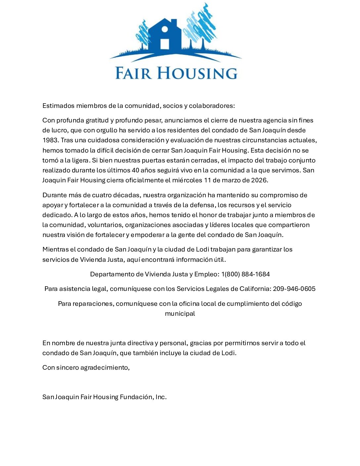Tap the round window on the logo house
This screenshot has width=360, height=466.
[x=164, y=29]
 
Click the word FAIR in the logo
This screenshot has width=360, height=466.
[x=133, y=73]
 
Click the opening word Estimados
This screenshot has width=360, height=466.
[x=59, y=106]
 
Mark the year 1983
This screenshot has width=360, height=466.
[x=50, y=140]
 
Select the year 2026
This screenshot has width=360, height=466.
[x=259, y=180]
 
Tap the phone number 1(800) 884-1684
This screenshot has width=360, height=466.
[x=246, y=274]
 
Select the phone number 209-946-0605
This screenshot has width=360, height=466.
[x=294, y=289]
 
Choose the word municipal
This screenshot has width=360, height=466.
[x=180, y=314]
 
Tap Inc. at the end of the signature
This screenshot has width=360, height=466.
[x=161, y=397]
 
